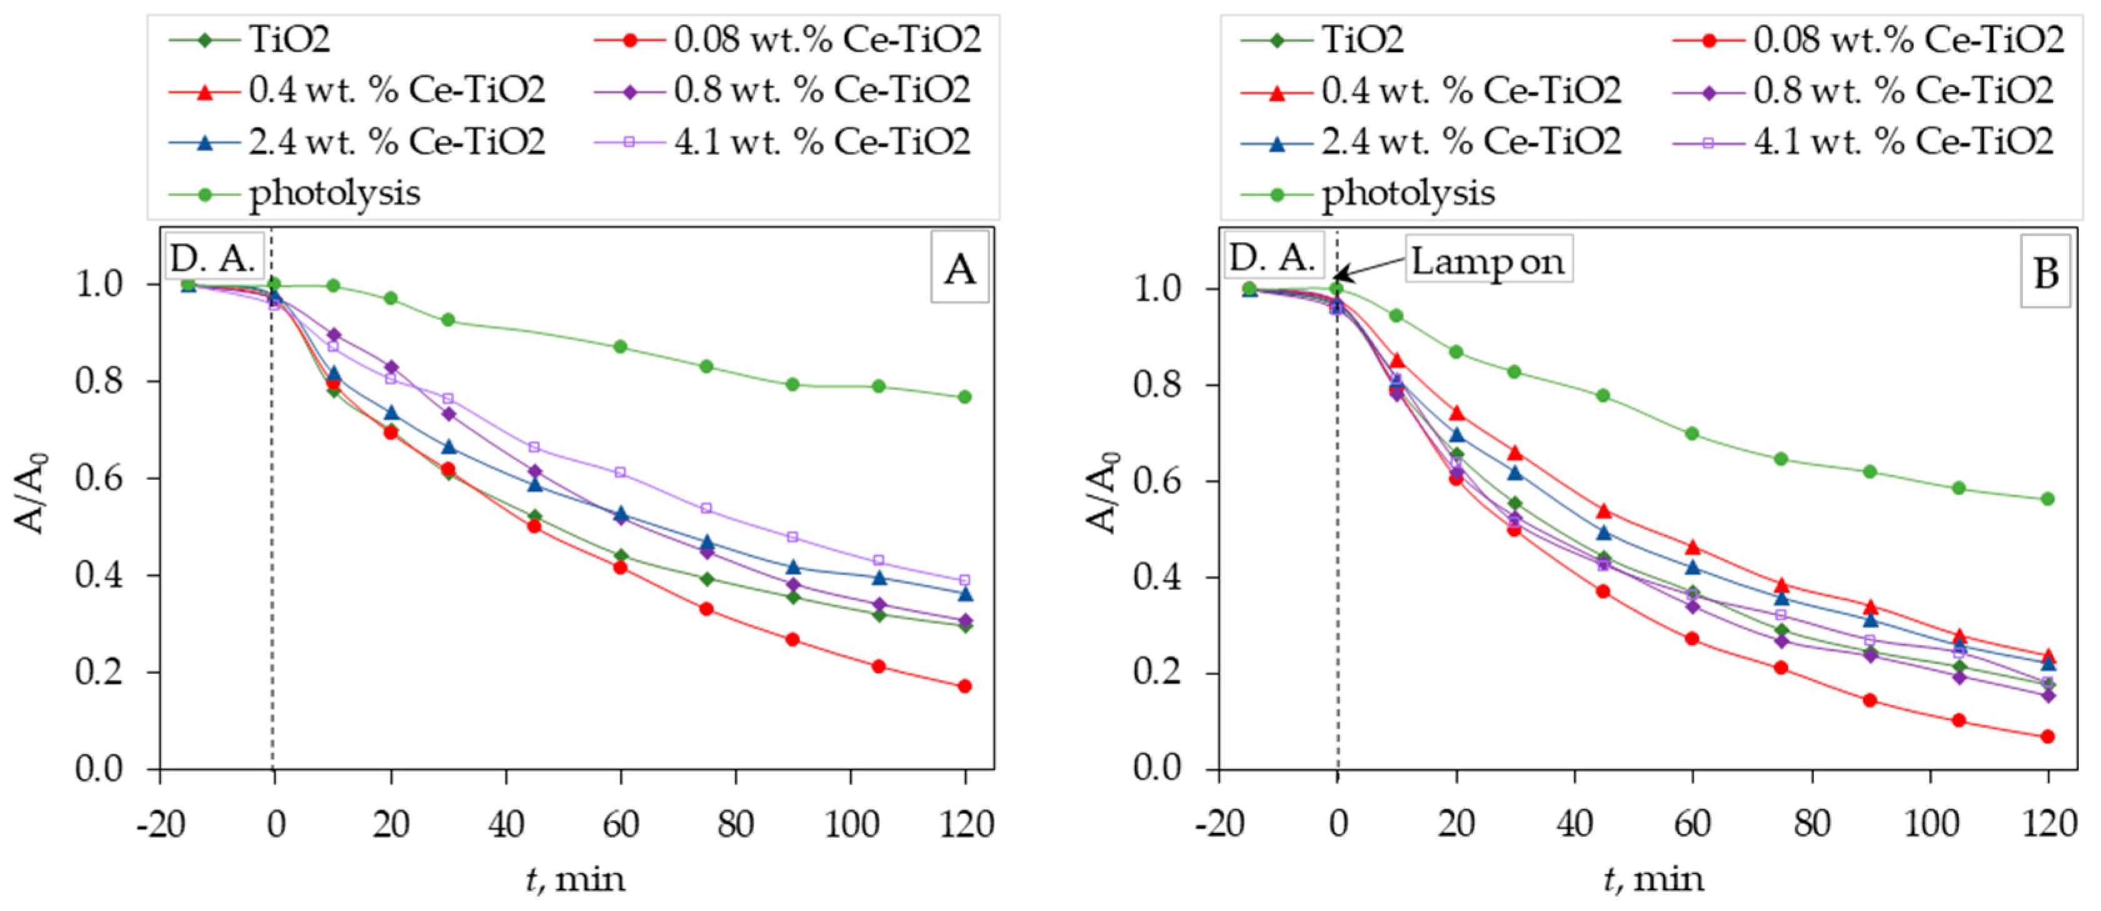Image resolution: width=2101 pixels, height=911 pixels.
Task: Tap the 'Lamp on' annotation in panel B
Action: [x=1488, y=260]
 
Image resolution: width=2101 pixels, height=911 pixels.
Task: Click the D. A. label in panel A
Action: [x=213, y=258]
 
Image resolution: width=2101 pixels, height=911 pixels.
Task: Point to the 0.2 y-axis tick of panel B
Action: [x=1159, y=673]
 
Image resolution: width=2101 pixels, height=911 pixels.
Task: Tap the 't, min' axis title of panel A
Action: [x=575, y=879]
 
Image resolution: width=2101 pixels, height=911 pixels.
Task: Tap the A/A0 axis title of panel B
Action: [x=1103, y=493]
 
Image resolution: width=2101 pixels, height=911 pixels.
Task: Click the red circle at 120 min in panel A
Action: [x=965, y=686]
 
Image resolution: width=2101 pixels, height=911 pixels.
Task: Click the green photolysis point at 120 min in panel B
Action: [x=2047, y=498]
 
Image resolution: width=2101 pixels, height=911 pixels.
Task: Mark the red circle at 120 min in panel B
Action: [x=2047, y=737]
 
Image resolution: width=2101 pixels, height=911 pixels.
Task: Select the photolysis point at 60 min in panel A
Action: [x=620, y=346]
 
